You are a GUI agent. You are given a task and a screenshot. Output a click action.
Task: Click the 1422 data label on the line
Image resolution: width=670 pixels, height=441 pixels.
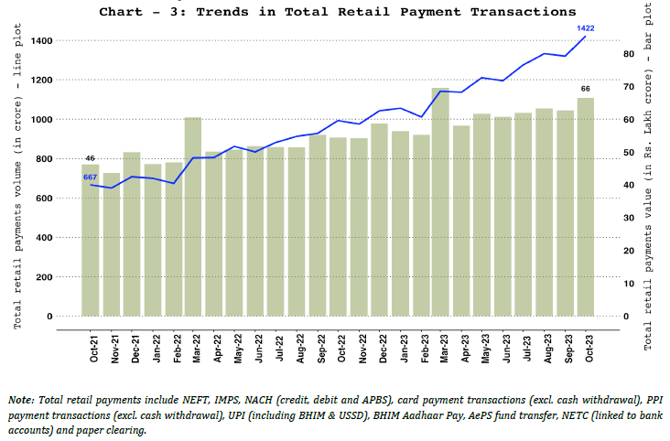coord(586,28)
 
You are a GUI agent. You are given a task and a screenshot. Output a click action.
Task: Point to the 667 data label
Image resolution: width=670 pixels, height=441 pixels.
coord(91,177)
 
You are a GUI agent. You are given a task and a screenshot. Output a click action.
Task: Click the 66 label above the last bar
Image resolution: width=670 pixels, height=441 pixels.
coord(586,88)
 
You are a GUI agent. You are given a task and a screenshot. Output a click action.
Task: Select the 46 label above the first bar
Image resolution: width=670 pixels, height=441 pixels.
coord(91,159)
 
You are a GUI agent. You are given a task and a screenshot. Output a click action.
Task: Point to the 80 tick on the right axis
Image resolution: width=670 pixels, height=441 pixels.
coord(626,54)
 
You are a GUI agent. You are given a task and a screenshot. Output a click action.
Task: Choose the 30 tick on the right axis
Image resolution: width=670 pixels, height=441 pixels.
coord(626,218)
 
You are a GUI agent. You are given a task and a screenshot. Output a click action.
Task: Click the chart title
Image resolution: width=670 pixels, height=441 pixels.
coord(338,12)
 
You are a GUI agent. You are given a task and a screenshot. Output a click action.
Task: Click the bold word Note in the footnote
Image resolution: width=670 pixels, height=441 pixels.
coord(19,400)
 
